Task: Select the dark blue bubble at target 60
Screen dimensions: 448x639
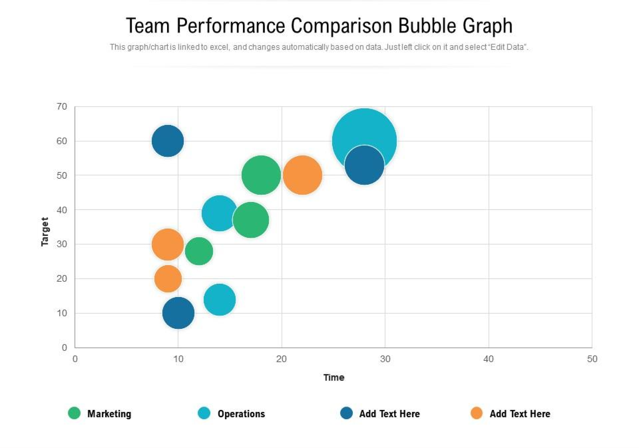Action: click(167, 141)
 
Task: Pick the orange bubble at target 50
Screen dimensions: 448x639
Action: click(302, 175)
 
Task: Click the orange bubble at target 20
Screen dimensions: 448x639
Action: click(168, 278)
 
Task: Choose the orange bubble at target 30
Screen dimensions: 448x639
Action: click(167, 244)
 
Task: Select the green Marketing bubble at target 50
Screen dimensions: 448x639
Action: click(261, 175)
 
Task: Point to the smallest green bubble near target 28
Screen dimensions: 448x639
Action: click(199, 251)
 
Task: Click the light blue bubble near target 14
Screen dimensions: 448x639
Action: click(220, 300)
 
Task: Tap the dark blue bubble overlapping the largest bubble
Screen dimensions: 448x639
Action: click(364, 165)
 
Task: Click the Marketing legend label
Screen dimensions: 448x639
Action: click(109, 414)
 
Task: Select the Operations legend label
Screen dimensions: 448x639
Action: click(241, 414)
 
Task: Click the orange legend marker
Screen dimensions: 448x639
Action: click(477, 413)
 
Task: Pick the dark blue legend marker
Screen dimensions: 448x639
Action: click(346, 413)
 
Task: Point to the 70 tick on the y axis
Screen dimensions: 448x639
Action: click(62, 107)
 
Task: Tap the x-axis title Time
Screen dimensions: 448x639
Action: click(334, 378)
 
